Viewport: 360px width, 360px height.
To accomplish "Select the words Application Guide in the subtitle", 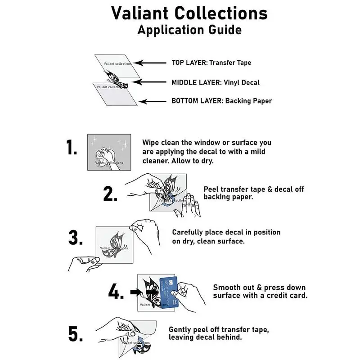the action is click(189, 30).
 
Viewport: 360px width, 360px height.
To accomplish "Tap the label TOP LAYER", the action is click(189, 63).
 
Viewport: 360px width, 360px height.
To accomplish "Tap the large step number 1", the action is click(72, 148).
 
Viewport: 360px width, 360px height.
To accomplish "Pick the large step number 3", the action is click(76, 238).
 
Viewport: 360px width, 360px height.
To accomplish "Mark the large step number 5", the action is click(76, 334).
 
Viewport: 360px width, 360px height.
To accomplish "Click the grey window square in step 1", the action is click(109, 152).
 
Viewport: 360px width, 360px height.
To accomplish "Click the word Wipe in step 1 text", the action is click(152, 143).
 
